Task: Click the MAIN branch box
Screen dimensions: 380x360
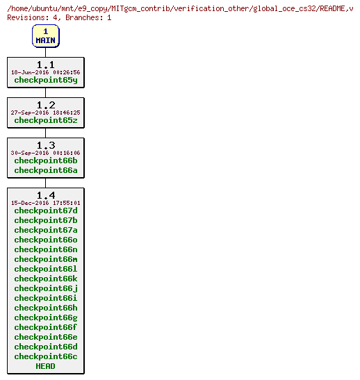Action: (x=45, y=36)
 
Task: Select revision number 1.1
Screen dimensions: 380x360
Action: (x=46, y=65)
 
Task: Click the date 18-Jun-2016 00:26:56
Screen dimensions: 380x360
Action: (x=46, y=72)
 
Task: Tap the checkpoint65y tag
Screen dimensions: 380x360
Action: (x=46, y=80)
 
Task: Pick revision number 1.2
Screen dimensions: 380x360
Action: (x=46, y=105)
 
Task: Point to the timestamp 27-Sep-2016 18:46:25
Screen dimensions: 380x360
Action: (x=46, y=113)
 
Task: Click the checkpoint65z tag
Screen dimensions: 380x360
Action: (x=46, y=120)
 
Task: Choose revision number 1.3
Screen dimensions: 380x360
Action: (x=46, y=145)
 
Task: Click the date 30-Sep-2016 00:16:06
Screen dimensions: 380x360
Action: (x=46, y=153)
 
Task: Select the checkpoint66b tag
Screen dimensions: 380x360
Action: (x=46, y=160)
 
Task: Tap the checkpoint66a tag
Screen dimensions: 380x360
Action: (x=46, y=170)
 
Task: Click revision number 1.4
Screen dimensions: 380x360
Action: (x=46, y=195)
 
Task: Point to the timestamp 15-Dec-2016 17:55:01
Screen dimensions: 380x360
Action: (x=46, y=203)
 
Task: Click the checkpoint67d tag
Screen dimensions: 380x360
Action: (x=46, y=210)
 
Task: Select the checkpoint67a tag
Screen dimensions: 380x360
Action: (x=46, y=230)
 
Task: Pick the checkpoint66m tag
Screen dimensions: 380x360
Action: (x=46, y=259)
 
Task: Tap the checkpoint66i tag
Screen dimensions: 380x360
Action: (x=46, y=298)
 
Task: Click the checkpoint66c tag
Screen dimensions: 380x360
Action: (x=46, y=356)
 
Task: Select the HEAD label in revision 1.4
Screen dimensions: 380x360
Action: (x=46, y=366)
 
